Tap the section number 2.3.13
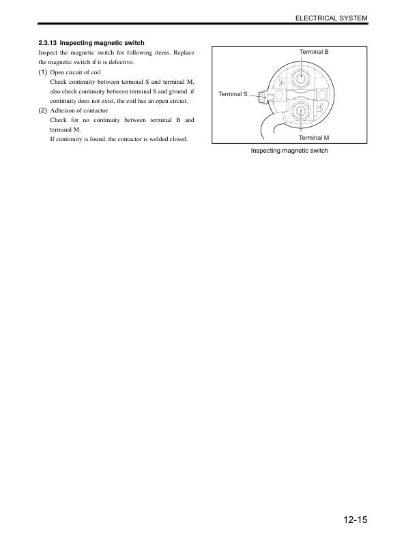point(47,43)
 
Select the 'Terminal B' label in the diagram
point(314,52)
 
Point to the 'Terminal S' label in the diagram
point(233,93)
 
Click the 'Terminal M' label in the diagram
point(314,138)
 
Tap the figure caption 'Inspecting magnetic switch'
point(289,151)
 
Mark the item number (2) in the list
point(43,110)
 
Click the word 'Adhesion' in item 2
point(63,110)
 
